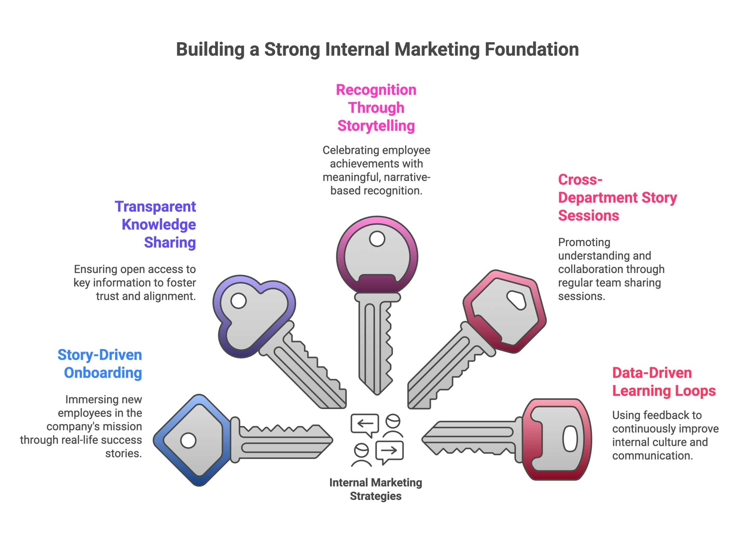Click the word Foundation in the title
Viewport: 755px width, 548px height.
click(531, 49)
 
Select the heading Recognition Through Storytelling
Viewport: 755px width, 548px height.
click(376, 108)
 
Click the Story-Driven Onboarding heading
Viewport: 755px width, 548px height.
click(100, 364)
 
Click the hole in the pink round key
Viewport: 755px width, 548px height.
click(377, 239)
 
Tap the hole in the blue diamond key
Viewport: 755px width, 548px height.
click(188, 441)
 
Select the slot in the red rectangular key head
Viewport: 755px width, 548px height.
click(570, 439)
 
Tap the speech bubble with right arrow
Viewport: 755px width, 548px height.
click(389, 451)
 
